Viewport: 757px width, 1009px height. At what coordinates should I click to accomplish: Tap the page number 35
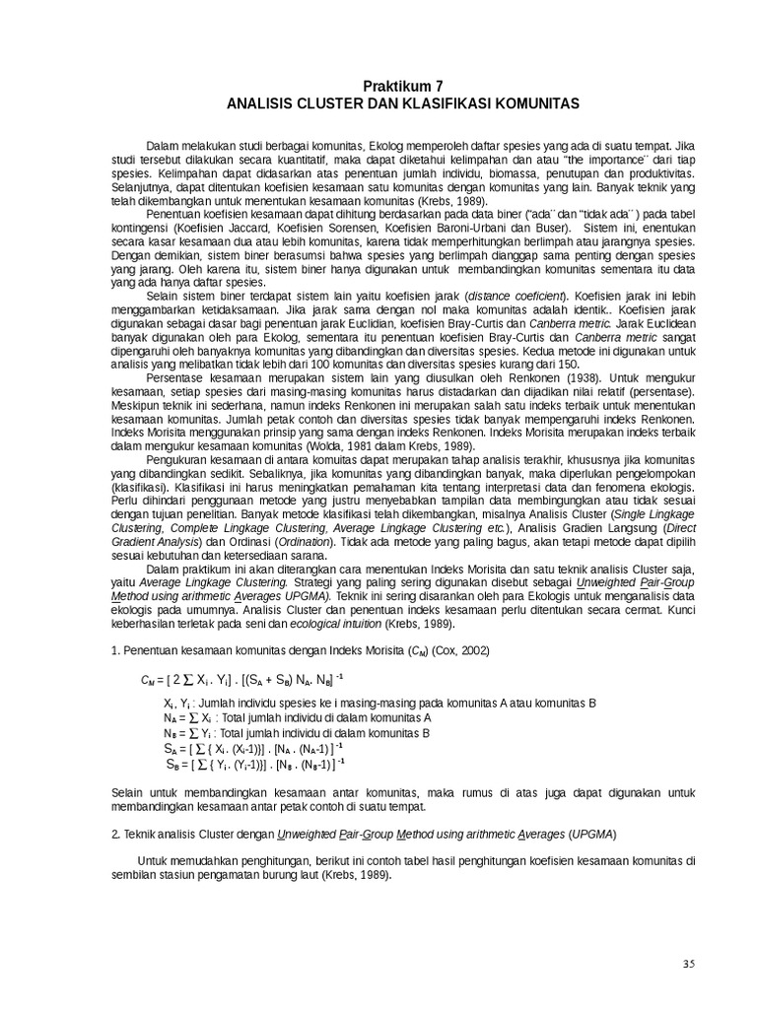[x=688, y=962]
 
